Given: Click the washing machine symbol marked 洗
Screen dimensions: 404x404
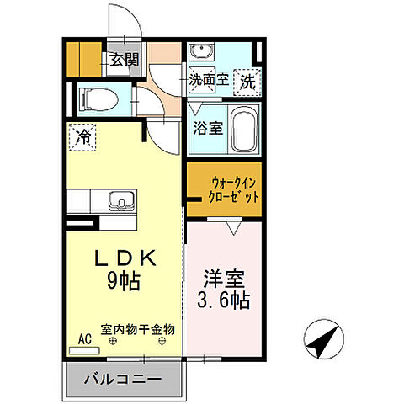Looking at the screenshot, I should [247, 81].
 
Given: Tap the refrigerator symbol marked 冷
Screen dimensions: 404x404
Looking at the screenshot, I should [83, 136].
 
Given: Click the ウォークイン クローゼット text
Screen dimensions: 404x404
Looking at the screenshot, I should [222, 191].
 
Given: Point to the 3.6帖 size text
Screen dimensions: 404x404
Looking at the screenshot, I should [223, 299].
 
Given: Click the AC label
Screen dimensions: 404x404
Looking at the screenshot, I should [84, 338].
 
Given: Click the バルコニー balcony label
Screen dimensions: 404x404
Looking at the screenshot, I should [123, 379].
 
